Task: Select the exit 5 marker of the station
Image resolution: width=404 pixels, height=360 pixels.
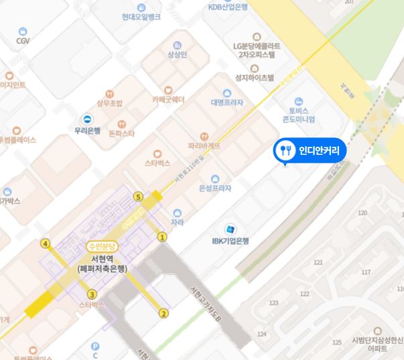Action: (138, 197)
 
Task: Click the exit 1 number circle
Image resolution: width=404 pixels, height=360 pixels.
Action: (161, 237)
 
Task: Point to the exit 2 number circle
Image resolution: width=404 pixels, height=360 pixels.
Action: (163, 313)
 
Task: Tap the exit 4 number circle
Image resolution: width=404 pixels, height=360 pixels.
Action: (46, 243)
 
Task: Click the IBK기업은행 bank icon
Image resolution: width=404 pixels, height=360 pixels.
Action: (231, 229)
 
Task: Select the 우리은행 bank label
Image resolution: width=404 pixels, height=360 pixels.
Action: (87, 131)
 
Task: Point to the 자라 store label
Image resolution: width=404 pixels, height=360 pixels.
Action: (177, 222)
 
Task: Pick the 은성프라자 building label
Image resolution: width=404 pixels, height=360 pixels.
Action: (215, 189)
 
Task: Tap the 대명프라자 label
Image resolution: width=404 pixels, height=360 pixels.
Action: (226, 103)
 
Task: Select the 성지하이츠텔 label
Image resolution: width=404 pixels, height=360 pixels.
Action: (255, 77)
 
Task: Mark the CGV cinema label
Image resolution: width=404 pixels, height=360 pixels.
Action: (23, 40)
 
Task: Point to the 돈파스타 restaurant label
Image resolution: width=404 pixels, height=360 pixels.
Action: (121, 133)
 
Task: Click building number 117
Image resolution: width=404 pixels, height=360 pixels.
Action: (366, 272)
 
